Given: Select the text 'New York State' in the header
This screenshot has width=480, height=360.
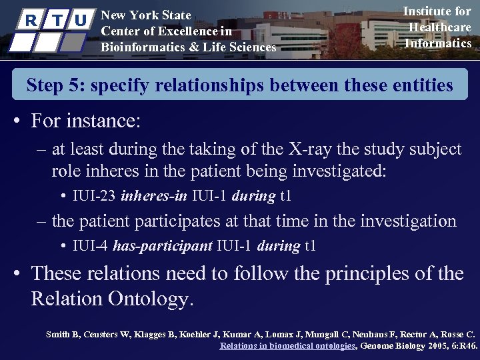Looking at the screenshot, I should [x=145, y=15].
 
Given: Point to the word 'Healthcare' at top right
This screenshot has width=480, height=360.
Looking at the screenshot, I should [x=439, y=27].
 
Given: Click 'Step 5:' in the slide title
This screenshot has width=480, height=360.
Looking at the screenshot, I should [x=55, y=85].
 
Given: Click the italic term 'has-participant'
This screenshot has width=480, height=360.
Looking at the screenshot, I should [x=164, y=246].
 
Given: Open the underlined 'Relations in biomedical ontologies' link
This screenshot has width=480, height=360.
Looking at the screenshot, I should [x=289, y=346].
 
